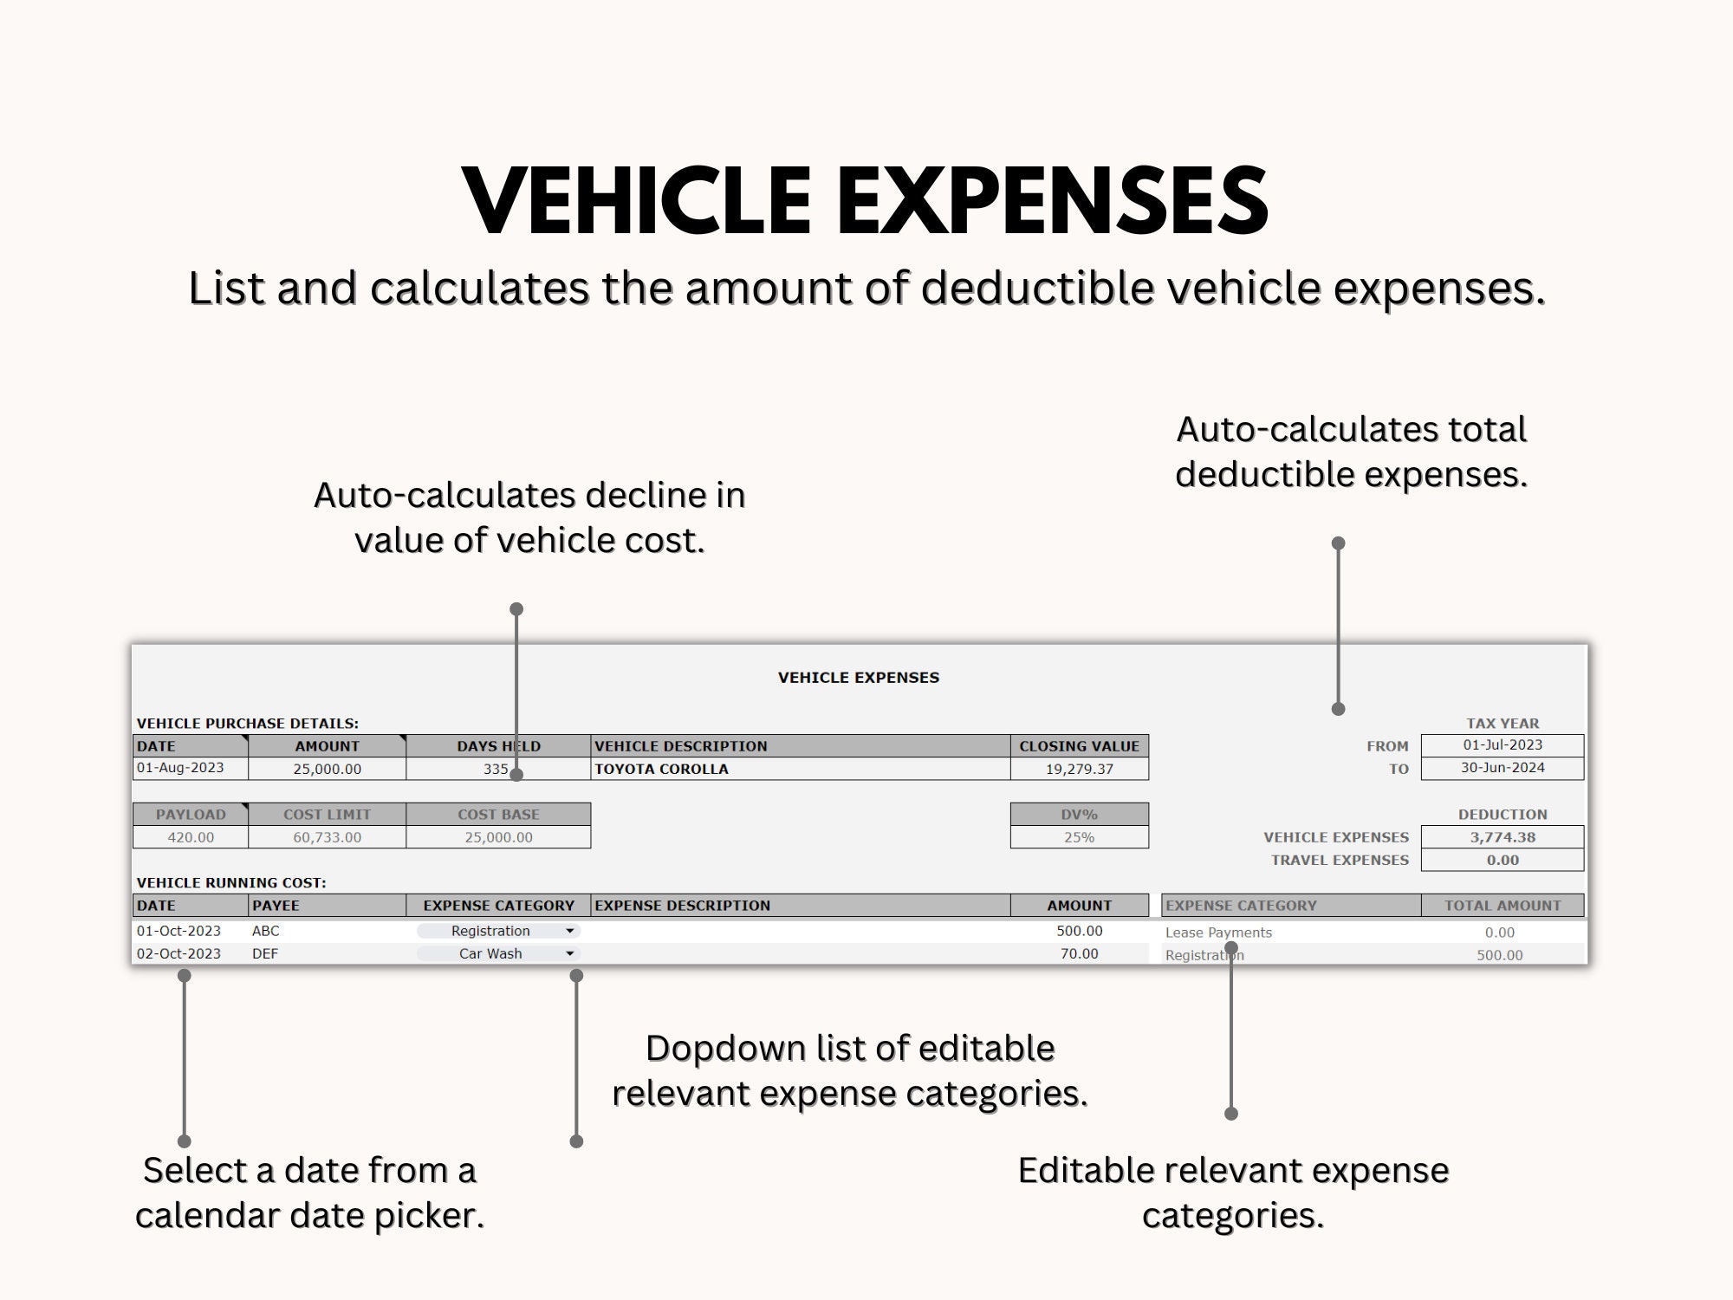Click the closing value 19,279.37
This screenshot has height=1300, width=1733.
1079,769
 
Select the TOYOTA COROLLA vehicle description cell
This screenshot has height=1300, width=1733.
661,769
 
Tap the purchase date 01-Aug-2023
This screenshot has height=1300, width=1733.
180,768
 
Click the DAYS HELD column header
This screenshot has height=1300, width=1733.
498,746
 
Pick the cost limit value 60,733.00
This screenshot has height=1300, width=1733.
327,837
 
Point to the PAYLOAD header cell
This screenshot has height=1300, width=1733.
191,815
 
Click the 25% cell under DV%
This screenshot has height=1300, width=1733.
1079,837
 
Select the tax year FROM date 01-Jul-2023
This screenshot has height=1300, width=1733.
1502,745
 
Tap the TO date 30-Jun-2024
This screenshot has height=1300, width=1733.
1502,768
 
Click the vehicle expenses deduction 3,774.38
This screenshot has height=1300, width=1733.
1502,837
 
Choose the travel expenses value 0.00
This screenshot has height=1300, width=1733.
1502,860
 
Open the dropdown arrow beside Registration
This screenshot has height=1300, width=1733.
569,931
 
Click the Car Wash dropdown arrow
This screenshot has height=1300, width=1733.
569,953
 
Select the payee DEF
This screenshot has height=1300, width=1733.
265,953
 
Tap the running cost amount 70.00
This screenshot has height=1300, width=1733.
1079,953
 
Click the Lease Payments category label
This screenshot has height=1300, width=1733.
1218,933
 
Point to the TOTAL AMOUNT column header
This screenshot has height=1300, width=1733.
1502,906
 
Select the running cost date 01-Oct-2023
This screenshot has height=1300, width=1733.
178,931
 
